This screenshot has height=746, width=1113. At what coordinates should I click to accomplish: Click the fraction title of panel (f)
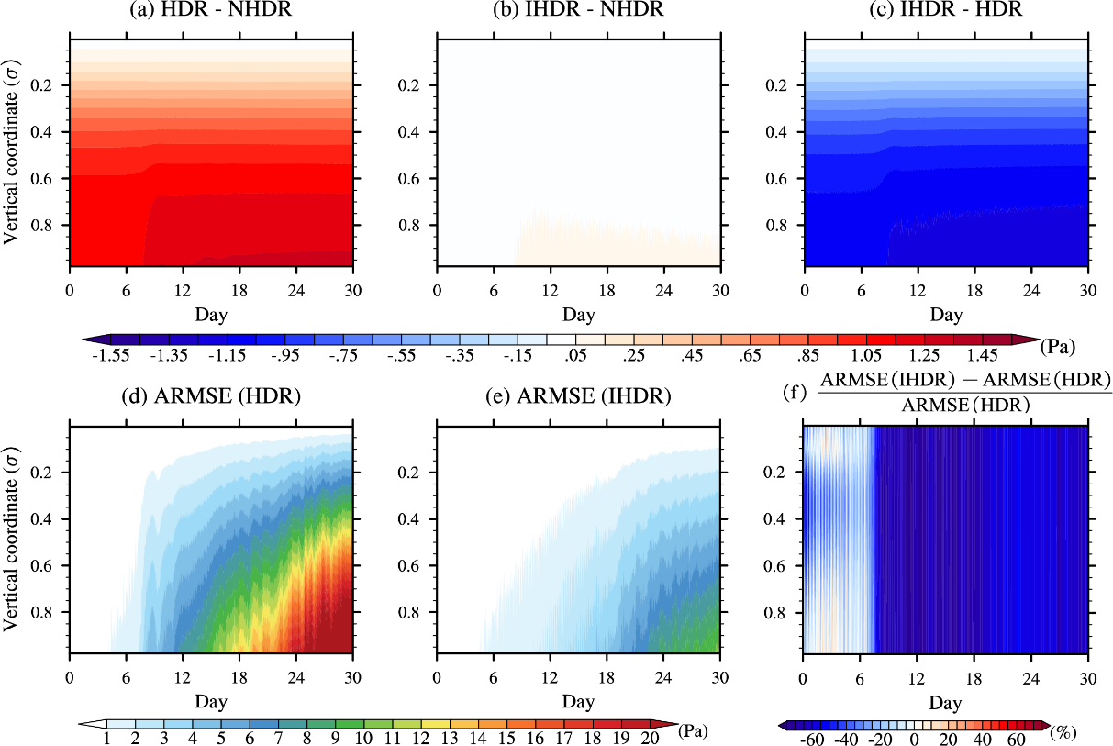(963, 392)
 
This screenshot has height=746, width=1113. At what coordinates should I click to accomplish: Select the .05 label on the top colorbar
(562, 356)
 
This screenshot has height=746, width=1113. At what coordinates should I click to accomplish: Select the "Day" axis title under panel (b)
(578, 316)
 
